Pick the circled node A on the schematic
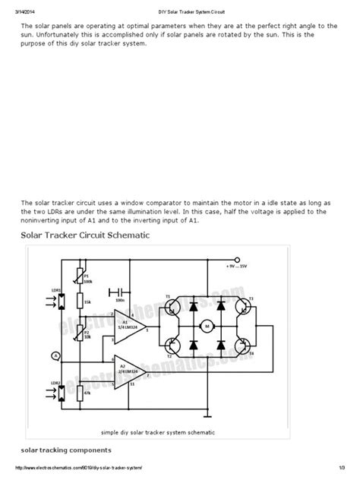click(54, 355)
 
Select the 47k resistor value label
click(87, 394)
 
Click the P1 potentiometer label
click(86, 276)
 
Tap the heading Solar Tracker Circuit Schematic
click(84, 235)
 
